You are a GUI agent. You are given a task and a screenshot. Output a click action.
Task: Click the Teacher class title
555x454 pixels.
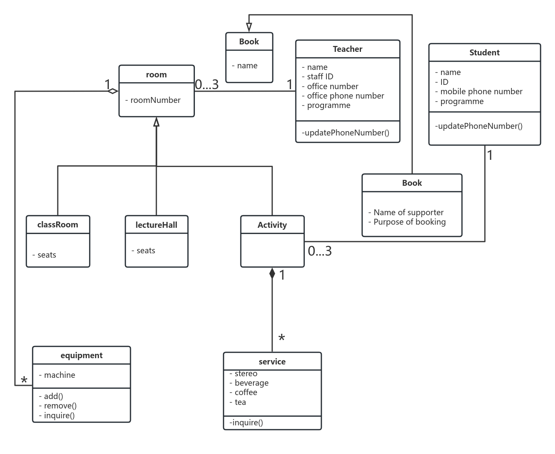347,49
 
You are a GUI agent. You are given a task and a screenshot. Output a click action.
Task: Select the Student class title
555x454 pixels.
484,53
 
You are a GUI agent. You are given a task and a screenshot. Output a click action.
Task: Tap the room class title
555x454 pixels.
156,75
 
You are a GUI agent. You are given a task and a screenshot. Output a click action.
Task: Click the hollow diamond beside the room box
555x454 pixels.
113,91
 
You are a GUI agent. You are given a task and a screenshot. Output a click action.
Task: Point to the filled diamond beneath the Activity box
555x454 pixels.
272,273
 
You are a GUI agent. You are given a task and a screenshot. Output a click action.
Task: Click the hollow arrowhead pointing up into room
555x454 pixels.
156,122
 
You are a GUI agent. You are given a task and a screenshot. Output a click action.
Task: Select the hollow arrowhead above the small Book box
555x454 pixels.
249,27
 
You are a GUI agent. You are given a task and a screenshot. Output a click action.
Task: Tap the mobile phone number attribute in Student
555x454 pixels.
481,92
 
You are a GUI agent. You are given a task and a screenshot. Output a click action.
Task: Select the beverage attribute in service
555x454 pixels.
251,383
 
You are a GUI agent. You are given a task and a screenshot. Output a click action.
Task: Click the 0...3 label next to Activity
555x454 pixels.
320,251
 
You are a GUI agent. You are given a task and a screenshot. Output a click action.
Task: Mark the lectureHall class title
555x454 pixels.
156,225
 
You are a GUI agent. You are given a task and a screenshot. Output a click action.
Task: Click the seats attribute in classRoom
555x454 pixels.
46,255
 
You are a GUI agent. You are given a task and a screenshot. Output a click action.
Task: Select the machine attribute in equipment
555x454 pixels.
59,375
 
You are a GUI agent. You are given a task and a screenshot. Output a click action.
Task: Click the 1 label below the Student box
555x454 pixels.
490,156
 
